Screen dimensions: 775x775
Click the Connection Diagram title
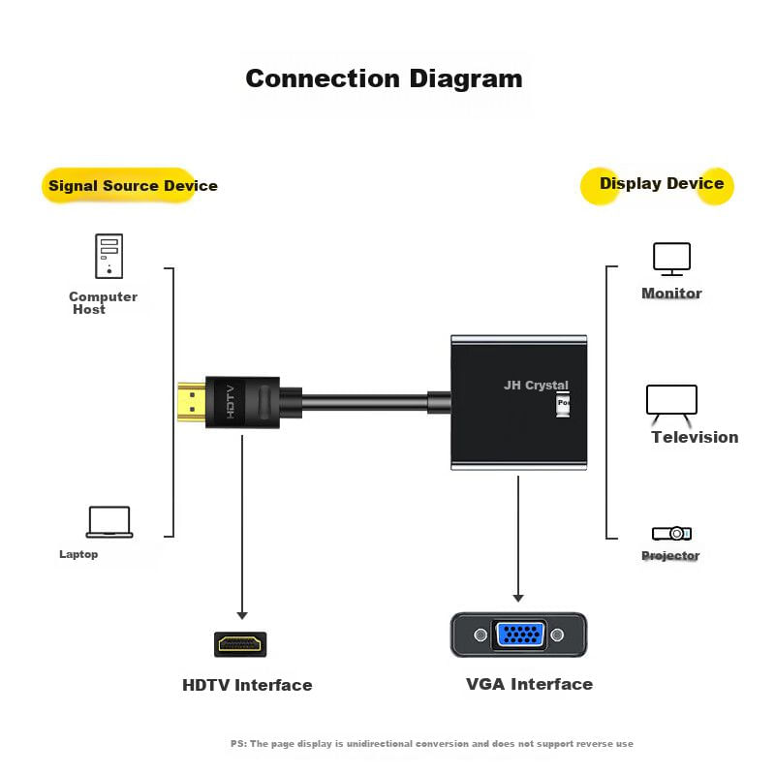click(384, 78)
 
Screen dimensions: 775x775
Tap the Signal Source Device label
click(133, 185)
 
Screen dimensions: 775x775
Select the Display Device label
click(661, 183)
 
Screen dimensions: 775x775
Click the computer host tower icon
click(108, 256)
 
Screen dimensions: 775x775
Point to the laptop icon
click(109, 522)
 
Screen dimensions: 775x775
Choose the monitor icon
click(671, 259)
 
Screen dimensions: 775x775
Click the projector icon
click(671, 533)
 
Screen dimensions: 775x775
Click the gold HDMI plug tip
click(191, 403)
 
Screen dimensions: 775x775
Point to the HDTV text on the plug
click(231, 402)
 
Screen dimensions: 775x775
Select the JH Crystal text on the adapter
click(536, 385)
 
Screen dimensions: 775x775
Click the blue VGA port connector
click(519, 635)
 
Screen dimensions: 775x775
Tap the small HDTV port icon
click(241, 643)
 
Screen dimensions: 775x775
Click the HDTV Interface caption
click(247, 685)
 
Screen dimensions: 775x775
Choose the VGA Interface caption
click(529, 684)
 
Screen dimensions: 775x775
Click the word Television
click(695, 437)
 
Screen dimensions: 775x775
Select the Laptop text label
click(78, 554)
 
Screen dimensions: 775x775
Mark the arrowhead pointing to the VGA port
click(518, 597)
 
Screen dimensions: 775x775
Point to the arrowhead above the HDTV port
click(242, 614)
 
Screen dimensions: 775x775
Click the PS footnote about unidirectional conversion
click(431, 744)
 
